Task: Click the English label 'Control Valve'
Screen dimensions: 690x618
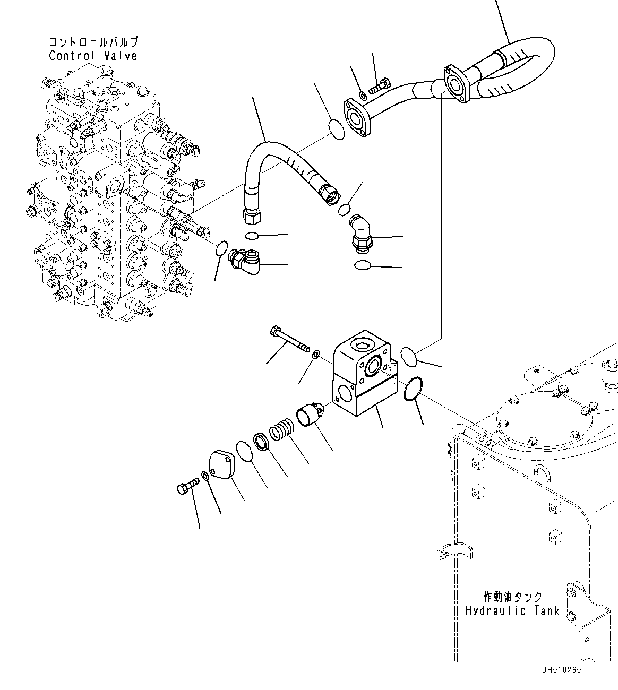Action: pyautogui.click(x=93, y=56)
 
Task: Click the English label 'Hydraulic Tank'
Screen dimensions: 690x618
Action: pyautogui.click(x=512, y=611)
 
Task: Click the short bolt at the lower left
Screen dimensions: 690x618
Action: pyautogui.click(x=187, y=486)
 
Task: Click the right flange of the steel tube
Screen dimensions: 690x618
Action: pyautogui.click(x=454, y=83)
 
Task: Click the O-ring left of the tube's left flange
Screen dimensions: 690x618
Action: pyautogui.click(x=335, y=130)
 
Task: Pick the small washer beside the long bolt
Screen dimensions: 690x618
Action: pyautogui.click(x=316, y=354)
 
